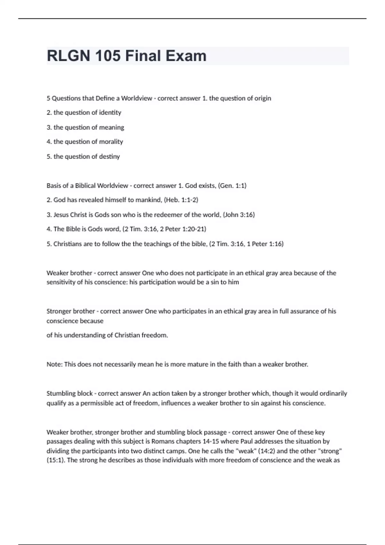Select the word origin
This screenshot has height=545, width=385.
click(263, 98)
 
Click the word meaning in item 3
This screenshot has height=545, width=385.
click(112, 127)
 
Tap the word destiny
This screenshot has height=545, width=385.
click(109, 156)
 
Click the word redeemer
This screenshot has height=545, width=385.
click(174, 215)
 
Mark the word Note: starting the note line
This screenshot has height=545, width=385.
click(55, 365)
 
